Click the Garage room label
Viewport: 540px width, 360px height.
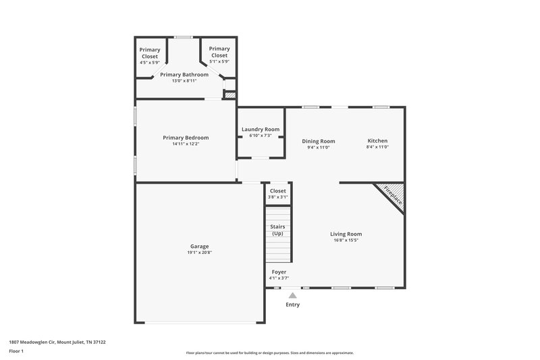(x=198, y=246)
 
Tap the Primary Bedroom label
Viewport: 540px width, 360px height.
(x=186, y=138)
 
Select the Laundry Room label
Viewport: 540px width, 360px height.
(x=261, y=129)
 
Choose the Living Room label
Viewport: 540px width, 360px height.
(x=346, y=234)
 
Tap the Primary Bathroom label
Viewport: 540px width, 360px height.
(x=184, y=74)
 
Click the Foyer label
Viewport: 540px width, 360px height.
(x=279, y=272)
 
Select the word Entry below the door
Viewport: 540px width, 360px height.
(x=292, y=305)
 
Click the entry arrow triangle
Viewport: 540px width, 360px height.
(x=292, y=294)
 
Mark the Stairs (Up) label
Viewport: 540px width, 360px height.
(x=277, y=230)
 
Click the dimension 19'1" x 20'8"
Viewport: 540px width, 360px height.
(x=198, y=253)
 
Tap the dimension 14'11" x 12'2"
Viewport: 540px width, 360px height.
(x=186, y=144)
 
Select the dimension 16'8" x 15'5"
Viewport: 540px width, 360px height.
(x=346, y=240)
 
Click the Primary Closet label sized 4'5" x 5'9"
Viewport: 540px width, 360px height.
(x=150, y=53)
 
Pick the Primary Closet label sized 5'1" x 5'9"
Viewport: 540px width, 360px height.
(x=219, y=52)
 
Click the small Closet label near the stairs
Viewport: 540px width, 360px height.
(x=278, y=191)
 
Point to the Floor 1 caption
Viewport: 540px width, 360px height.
(x=17, y=352)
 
